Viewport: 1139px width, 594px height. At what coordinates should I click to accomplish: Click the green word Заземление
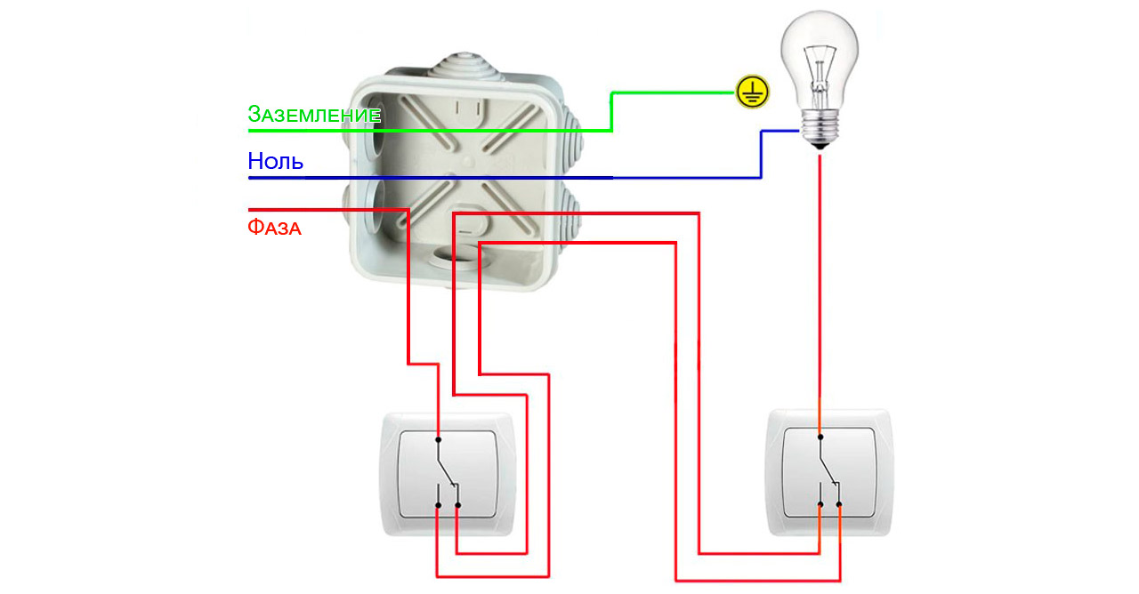coord(314,115)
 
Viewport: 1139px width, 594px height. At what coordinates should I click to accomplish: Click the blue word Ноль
coord(275,162)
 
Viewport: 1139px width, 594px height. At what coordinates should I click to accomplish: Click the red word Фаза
coord(274,228)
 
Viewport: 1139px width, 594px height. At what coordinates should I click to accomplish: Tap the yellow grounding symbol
coord(752,92)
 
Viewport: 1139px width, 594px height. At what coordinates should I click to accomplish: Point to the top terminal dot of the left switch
coord(439,437)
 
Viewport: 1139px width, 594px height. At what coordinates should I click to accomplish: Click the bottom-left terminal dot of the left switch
coord(439,506)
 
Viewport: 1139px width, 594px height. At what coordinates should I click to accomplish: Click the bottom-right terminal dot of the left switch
coord(457,506)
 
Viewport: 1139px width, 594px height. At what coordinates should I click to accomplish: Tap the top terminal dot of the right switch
coord(820,437)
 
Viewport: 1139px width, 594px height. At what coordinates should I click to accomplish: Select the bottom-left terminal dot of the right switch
coord(820,506)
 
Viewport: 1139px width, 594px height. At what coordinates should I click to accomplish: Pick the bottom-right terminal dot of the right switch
coord(839,506)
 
